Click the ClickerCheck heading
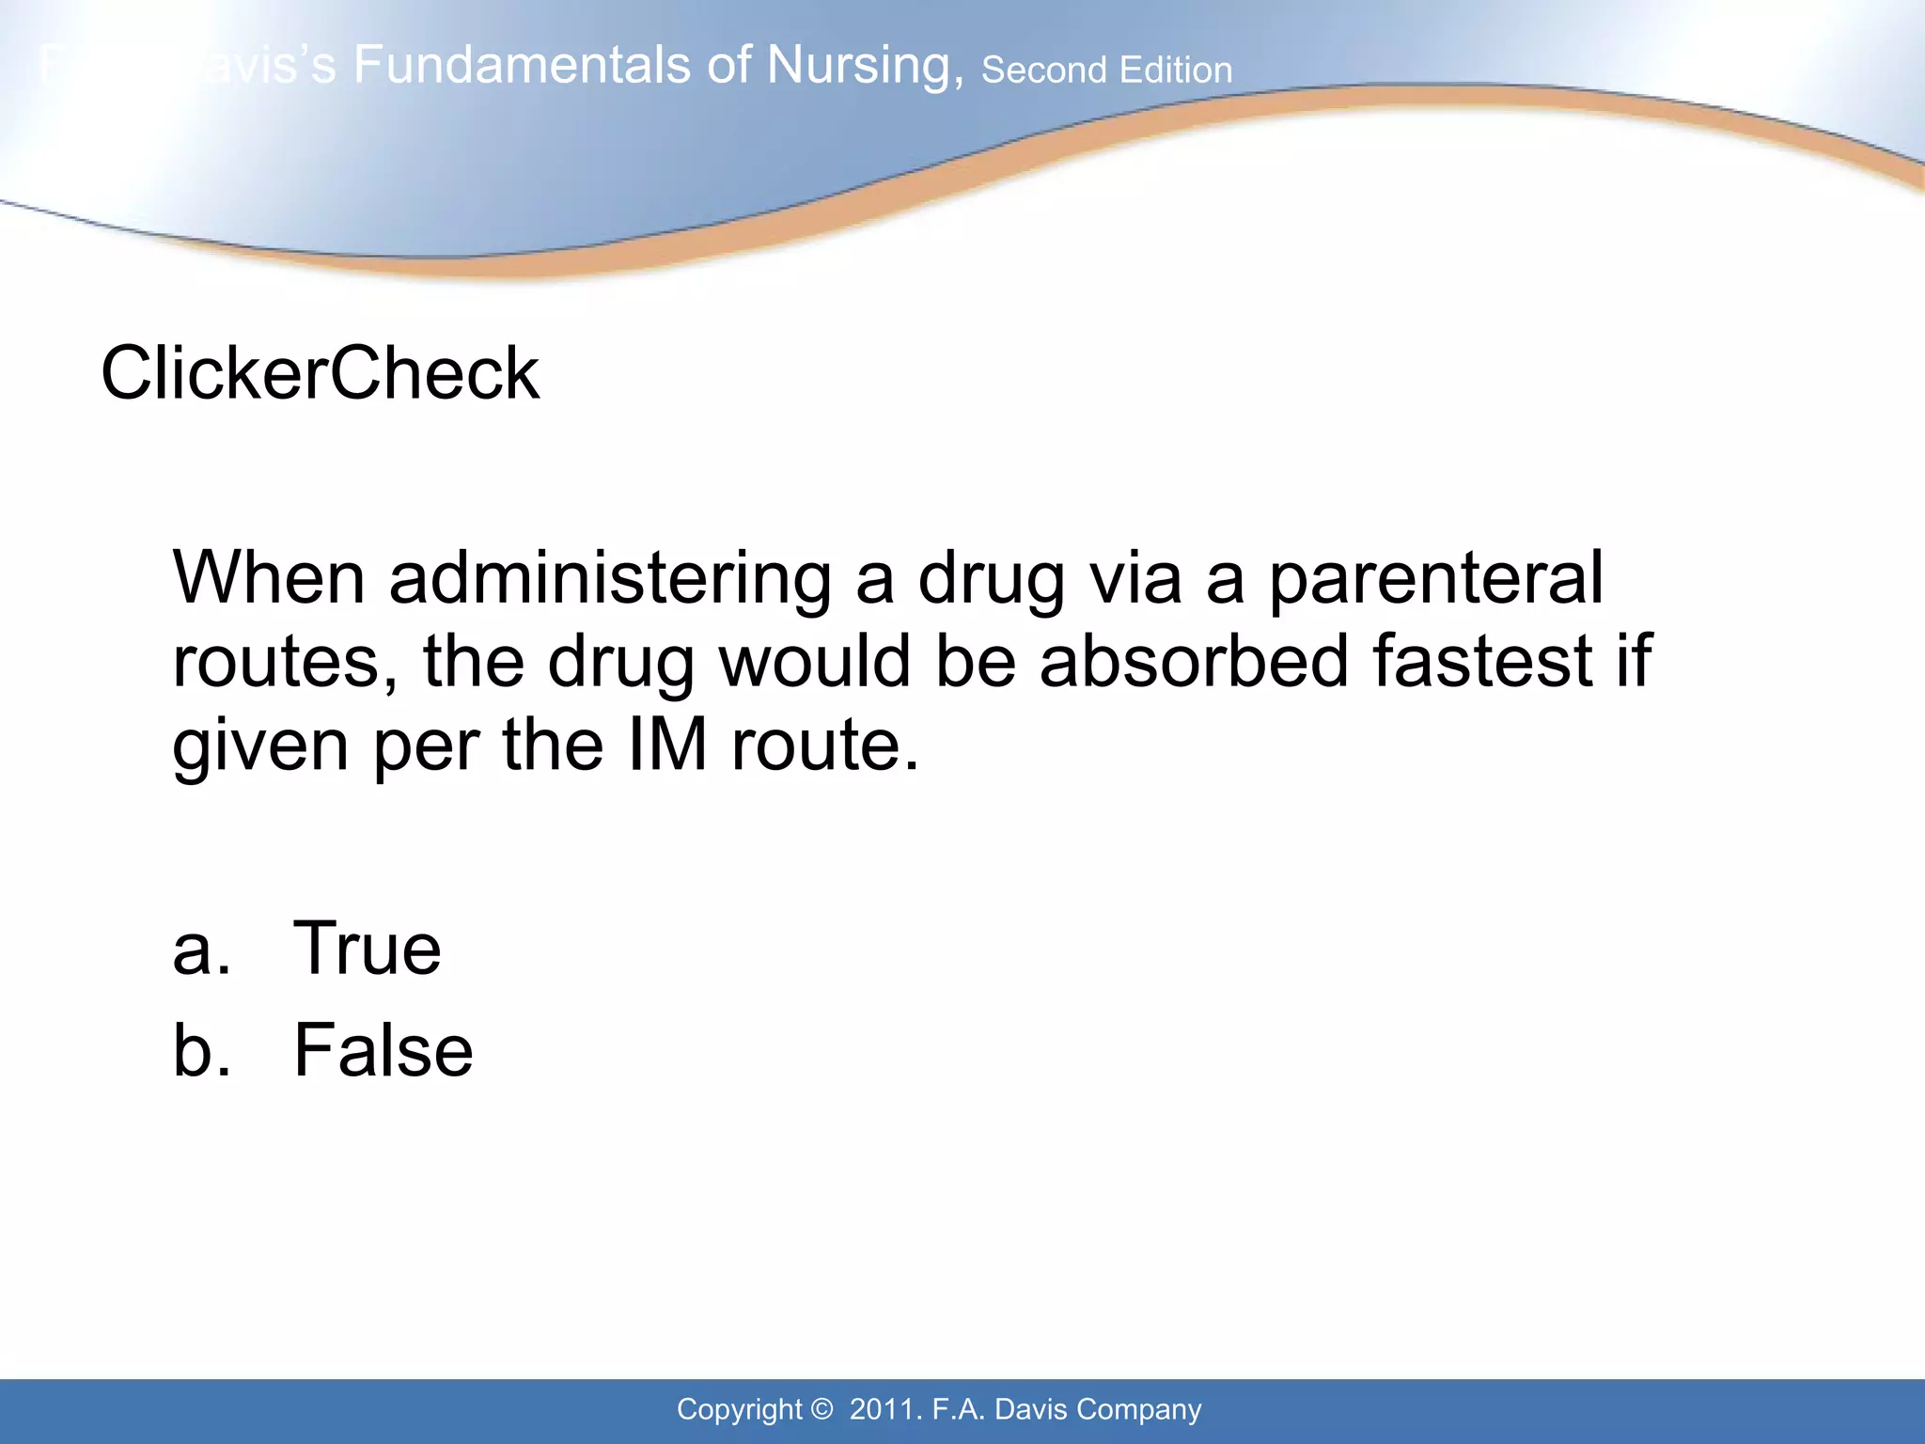pyautogui.click(x=320, y=373)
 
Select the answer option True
pyautogui.click(x=367, y=949)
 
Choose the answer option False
pyautogui.click(x=383, y=1050)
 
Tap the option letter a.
pyautogui.click(x=200, y=950)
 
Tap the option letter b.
pyautogui.click(x=200, y=1050)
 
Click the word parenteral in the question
pyautogui.click(x=1435, y=578)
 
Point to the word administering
pyautogui.click(x=609, y=578)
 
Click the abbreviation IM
pyautogui.click(x=667, y=745)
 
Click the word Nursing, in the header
pyautogui.click(x=865, y=66)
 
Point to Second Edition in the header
pyautogui.click(x=1106, y=71)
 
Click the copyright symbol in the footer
pyautogui.click(x=822, y=1409)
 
